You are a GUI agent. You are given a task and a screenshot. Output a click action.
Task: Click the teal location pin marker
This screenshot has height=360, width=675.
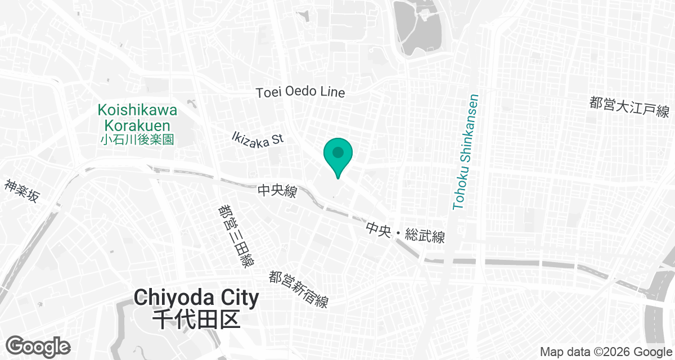pos(337,155)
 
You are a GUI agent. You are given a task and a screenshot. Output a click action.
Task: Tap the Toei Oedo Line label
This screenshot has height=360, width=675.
pos(300,92)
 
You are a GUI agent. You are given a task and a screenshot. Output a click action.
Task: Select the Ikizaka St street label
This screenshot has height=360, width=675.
pos(258,138)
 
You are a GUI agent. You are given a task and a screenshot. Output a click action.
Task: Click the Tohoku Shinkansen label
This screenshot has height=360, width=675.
pos(466,152)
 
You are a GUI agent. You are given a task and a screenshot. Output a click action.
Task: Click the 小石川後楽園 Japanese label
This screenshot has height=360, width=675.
pos(137,139)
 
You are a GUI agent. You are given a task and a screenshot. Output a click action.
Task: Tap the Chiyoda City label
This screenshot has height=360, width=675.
pos(196,298)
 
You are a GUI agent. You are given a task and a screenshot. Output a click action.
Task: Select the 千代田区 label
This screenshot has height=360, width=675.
pos(196,319)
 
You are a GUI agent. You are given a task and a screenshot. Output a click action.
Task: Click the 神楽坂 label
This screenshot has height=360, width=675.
pos(22,191)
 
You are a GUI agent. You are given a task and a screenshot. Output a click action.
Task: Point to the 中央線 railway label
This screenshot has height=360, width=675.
pos(277,192)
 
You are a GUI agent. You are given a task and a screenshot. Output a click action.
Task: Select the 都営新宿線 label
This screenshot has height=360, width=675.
pos(298,289)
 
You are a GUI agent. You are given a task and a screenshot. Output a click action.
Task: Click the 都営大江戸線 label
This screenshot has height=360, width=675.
pos(629,106)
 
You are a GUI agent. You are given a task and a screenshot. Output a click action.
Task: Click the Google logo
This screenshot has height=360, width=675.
pos(38,346)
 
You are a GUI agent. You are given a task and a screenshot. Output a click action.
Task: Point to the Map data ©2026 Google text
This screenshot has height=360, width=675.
pos(605,352)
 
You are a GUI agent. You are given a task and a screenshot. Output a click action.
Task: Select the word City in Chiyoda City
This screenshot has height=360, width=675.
pos(236,298)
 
